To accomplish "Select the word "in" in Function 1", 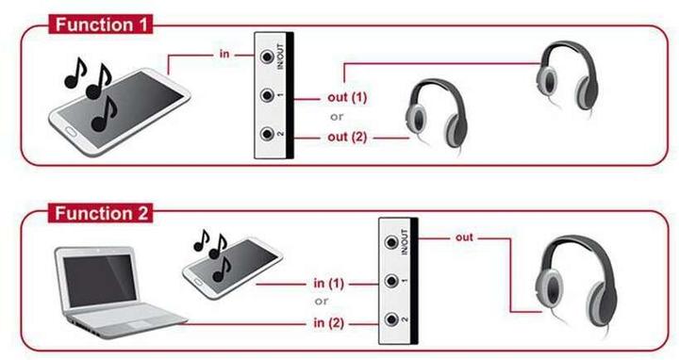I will [x=224, y=54].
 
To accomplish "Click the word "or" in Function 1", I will [x=335, y=118].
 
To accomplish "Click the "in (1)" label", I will [x=327, y=283].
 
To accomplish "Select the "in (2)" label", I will [x=327, y=324].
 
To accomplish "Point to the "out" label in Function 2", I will [x=464, y=237].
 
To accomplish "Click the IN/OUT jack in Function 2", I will [x=391, y=241].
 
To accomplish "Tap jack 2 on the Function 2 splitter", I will [x=391, y=321].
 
